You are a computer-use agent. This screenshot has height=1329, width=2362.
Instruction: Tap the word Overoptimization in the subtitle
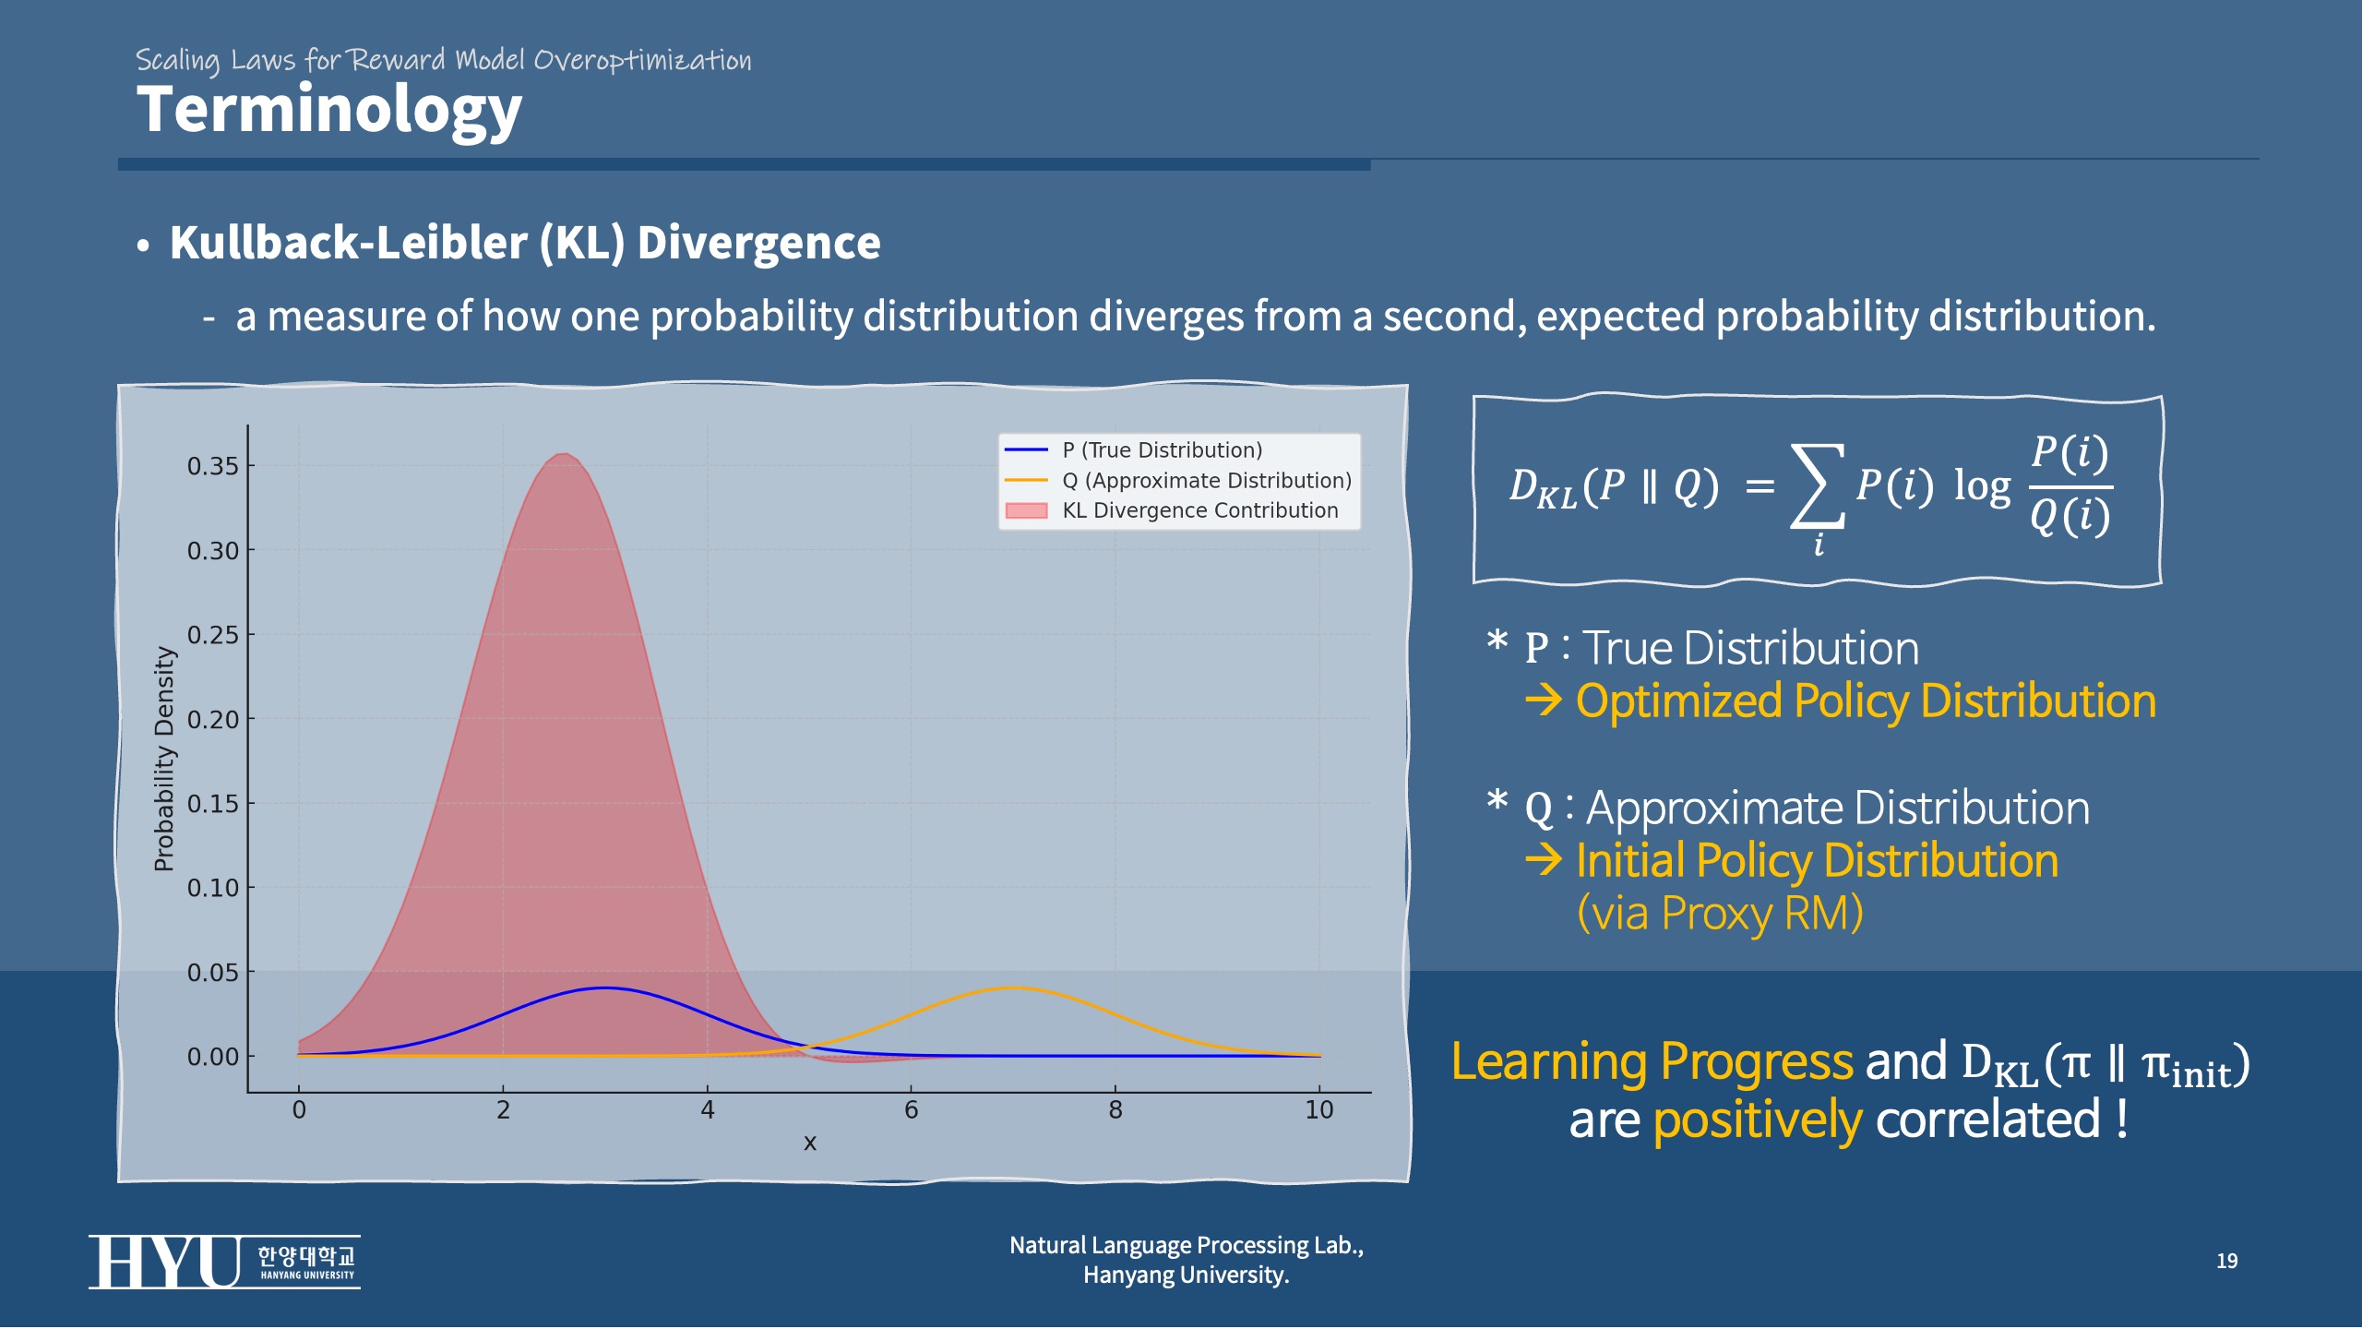click(x=642, y=61)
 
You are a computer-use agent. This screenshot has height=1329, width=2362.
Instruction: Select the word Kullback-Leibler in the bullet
click(x=348, y=243)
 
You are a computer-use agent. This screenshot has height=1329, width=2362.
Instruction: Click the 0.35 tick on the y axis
click(x=212, y=466)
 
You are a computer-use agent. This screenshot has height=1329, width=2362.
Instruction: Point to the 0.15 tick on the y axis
click(x=212, y=804)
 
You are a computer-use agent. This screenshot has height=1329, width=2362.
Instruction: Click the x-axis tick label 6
click(x=912, y=1110)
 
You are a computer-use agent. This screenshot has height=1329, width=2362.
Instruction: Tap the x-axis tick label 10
click(x=1318, y=1110)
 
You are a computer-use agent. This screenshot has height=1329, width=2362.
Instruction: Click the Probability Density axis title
click(x=164, y=759)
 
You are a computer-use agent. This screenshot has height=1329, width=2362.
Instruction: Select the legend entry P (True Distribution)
click(x=1161, y=450)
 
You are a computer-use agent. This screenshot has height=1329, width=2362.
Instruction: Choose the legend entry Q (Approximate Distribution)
click(x=1206, y=481)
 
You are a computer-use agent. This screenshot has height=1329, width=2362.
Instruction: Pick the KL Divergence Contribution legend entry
click(x=1199, y=510)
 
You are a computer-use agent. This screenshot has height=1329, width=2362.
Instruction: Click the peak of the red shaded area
click(x=565, y=455)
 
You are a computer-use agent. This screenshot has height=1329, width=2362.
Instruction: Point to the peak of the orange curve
click(x=1012, y=988)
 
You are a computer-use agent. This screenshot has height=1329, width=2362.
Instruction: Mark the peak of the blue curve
click(x=603, y=988)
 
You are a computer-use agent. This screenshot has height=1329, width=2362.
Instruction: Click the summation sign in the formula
click(x=1817, y=485)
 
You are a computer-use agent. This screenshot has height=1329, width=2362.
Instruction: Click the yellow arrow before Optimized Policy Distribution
click(x=1543, y=701)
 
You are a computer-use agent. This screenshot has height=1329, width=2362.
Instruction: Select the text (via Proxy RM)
click(x=1720, y=914)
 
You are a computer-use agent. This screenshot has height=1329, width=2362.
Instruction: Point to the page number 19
click(x=2226, y=1262)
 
